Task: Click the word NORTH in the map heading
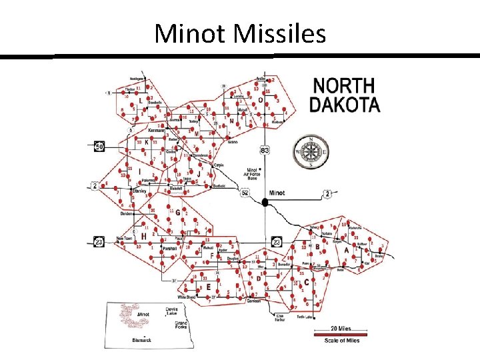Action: click(344, 87)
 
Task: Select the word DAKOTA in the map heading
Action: click(344, 105)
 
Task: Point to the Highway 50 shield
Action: click(99, 146)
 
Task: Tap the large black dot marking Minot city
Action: click(265, 202)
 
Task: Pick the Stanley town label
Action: click(139, 191)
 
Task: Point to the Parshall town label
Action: click(170, 248)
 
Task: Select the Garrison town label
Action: click(254, 301)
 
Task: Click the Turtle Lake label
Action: click(305, 317)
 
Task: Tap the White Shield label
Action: click(187, 297)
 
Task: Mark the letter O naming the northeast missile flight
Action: click(261, 100)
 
